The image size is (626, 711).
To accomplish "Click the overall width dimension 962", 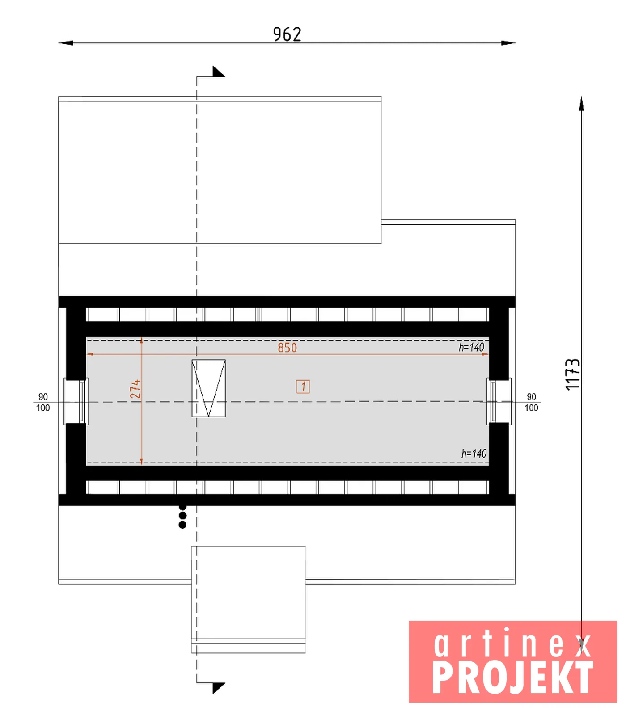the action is [287, 34].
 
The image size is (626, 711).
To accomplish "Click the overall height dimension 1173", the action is [572, 374].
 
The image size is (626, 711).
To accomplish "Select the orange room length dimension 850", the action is [287, 348].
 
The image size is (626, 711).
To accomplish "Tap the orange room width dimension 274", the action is [135, 389].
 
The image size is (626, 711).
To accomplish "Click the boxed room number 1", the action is [303, 387].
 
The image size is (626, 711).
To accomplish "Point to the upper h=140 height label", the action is [471, 347].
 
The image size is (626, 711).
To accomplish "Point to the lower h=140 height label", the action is [474, 454].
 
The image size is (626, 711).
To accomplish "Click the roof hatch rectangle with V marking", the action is [208, 388].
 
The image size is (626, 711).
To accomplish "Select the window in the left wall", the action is [76, 401].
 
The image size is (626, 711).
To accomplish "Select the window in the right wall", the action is [499, 401].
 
